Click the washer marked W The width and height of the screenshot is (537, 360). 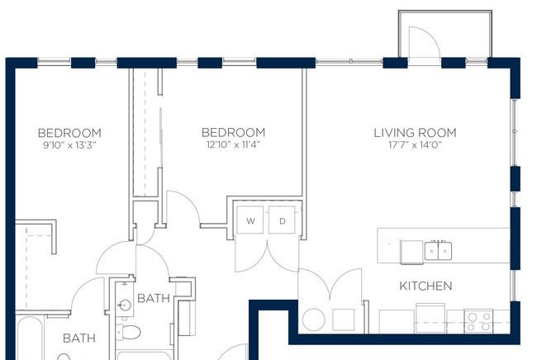[x=250, y=220]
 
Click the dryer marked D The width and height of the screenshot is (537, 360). [x=282, y=220]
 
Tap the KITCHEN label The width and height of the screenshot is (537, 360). [x=425, y=286]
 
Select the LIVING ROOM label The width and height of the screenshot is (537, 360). [x=415, y=133]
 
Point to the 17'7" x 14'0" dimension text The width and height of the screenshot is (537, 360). [x=415, y=145]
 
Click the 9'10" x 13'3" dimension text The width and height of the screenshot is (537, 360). [x=69, y=145]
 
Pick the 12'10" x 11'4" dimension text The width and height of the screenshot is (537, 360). [x=233, y=144]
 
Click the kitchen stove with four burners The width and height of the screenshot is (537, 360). [x=478, y=321]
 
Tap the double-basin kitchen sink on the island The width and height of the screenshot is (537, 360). [x=438, y=250]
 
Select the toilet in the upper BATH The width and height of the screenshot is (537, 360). [x=128, y=332]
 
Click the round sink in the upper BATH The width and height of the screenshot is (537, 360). [x=125, y=305]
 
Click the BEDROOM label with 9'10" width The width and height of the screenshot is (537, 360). [x=69, y=133]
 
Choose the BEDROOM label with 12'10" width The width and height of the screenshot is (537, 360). [x=233, y=132]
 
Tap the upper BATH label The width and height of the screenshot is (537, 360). [x=154, y=298]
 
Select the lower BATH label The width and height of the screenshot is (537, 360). [x=79, y=339]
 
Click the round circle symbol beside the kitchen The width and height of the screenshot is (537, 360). [x=314, y=320]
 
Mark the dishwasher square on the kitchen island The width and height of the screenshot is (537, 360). [x=411, y=252]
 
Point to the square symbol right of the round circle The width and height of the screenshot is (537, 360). [x=344, y=320]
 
